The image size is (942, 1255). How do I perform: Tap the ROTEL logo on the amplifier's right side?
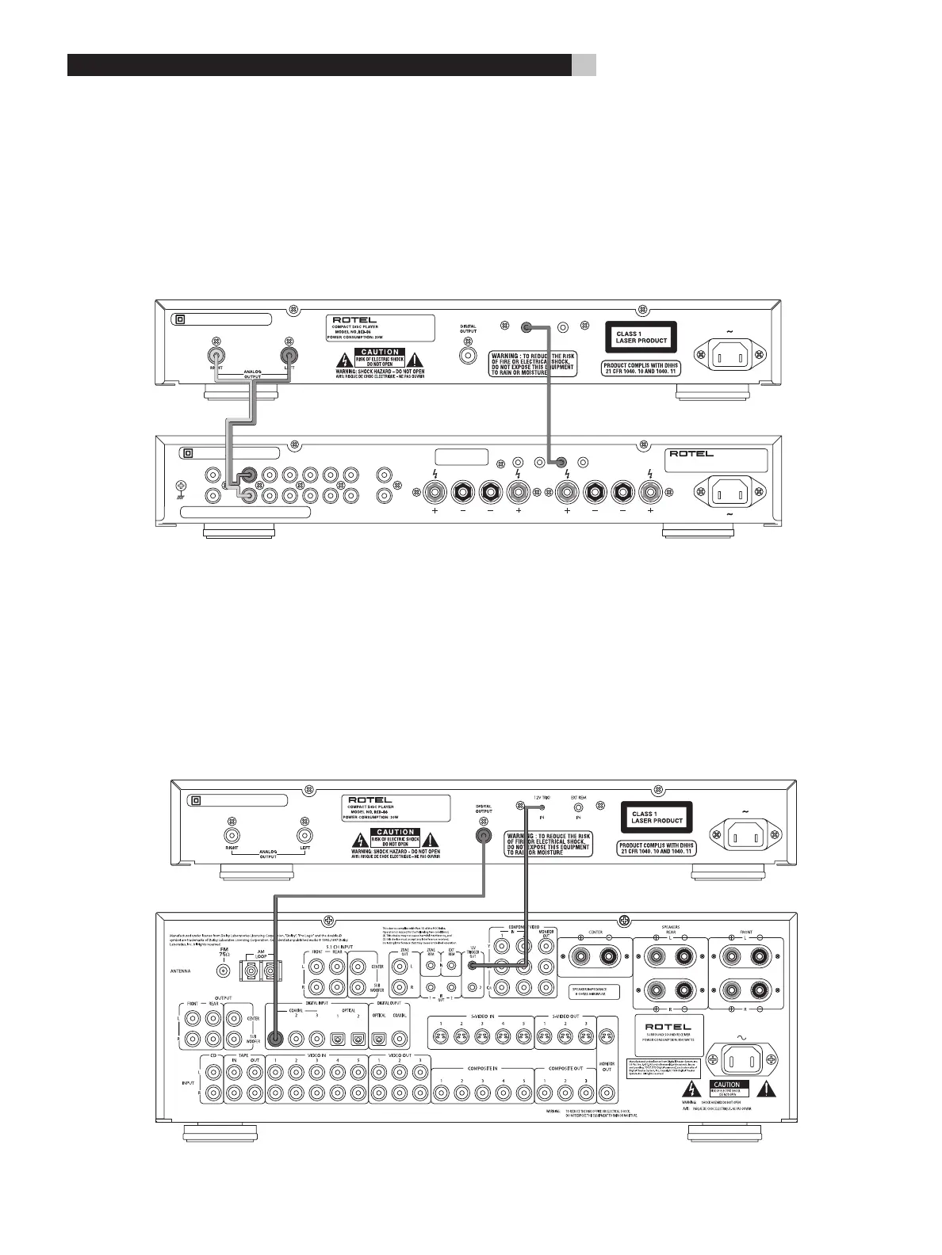tap(691, 455)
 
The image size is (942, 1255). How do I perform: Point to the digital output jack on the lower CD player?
tap(483, 835)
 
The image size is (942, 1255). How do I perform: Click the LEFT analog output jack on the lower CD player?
tap(304, 835)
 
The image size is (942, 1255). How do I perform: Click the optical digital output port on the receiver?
tap(379, 1038)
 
